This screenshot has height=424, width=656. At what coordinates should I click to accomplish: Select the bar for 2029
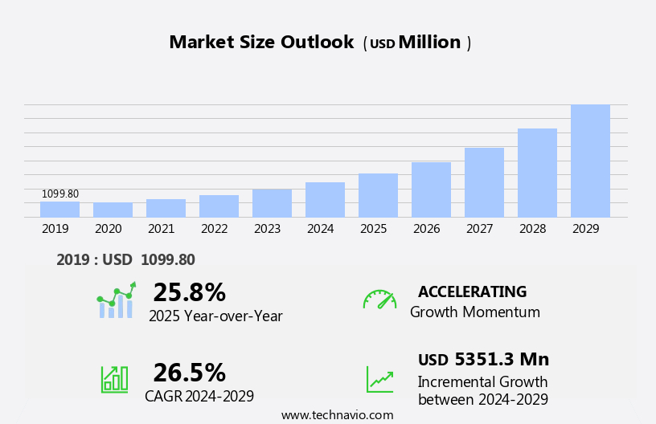click(590, 161)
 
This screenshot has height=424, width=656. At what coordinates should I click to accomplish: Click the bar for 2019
click(59, 209)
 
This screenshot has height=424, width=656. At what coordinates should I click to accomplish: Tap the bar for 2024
click(325, 199)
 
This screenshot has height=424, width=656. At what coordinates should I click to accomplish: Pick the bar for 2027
click(484, 182)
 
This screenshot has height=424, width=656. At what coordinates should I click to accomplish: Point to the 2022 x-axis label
click(214, 229)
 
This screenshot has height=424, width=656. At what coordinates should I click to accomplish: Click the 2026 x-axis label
click(426, 229)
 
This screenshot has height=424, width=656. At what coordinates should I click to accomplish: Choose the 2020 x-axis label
click(108, 229)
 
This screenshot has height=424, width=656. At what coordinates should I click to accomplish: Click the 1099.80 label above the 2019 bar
click(60, 194)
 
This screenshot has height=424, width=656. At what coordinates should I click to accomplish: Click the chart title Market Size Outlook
click(261, 43)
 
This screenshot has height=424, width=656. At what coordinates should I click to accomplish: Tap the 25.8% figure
click(189, 292)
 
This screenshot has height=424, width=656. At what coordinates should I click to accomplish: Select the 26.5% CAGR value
click(189, 373)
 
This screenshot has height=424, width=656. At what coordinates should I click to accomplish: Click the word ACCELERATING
click(472, 291)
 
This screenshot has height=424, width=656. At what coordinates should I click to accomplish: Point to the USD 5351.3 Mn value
click(483, 360)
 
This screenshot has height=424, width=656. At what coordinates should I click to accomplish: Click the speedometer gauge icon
click(379, 300)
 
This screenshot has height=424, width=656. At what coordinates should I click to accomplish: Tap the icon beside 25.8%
click(116, 300)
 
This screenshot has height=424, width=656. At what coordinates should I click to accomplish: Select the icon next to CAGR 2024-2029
click(114, 379)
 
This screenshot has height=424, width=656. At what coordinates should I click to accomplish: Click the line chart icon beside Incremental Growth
click(379, 379)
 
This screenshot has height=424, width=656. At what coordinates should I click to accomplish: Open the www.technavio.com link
click(337, 415)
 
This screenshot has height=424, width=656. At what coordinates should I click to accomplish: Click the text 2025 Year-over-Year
click(215, 316)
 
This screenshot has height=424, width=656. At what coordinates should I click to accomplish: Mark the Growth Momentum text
click(474, 312)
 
